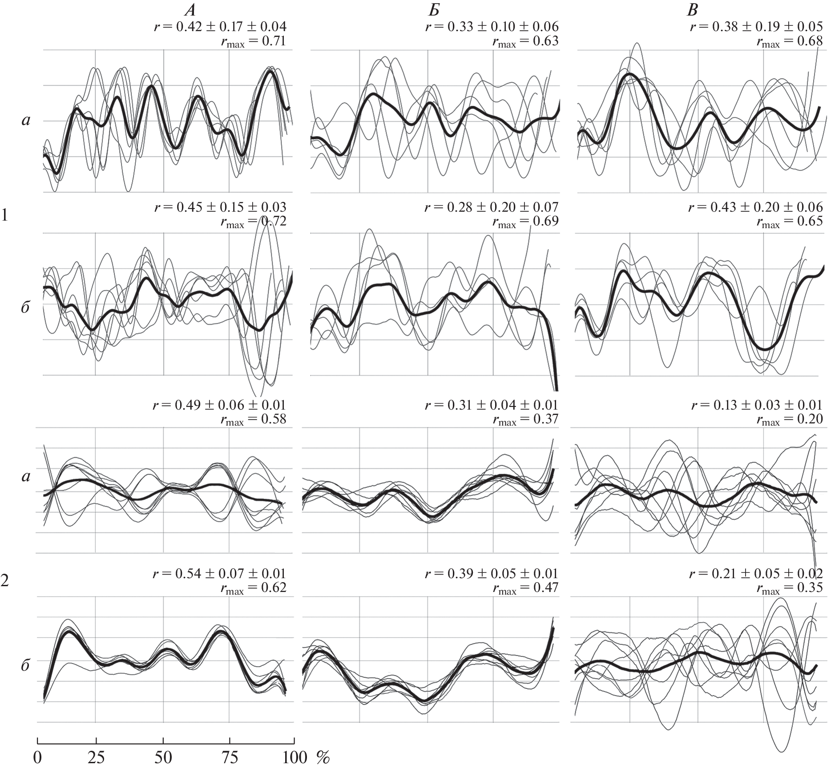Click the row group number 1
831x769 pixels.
click(4, 216)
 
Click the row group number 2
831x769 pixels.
click(4, 580)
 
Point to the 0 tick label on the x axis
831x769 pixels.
click(38, 757)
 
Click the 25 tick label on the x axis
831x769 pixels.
click(96, 757)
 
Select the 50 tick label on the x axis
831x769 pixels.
click(163, 757)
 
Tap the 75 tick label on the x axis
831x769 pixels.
click(230, 757)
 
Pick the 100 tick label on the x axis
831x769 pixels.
click(295, 757)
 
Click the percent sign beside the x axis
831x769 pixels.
click(323, 757)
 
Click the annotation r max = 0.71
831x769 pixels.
click(254, 42)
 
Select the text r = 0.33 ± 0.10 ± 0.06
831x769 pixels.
click(492, 27)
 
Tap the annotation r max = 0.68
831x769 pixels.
click(790, 42)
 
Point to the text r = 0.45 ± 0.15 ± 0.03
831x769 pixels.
click(220, 207)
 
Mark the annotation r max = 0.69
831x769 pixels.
click(525, 221)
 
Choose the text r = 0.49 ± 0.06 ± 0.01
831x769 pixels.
click(219, 405)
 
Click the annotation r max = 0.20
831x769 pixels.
click(790, 419)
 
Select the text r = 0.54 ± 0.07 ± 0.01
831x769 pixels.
click(219, 573)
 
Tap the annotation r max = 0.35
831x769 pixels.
click(790, 588)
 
